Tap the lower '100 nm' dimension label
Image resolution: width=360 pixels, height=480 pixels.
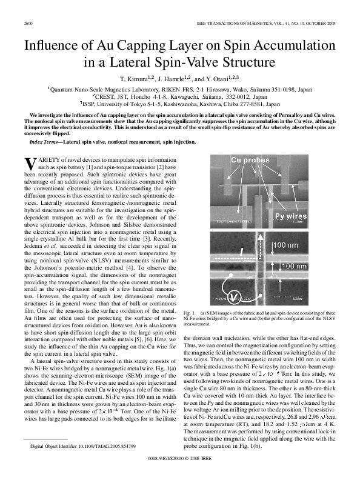click(293, 266)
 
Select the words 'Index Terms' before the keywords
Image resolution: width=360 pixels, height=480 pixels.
click(45, 141)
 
